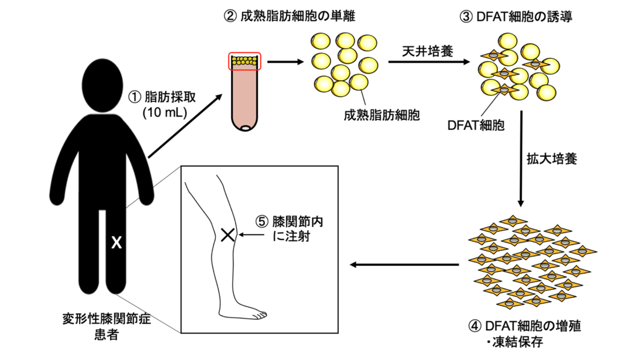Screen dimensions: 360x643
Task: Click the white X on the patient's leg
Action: (116, 242)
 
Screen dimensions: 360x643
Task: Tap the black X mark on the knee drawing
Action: (228, 235)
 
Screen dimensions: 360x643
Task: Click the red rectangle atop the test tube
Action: (245, 60)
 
